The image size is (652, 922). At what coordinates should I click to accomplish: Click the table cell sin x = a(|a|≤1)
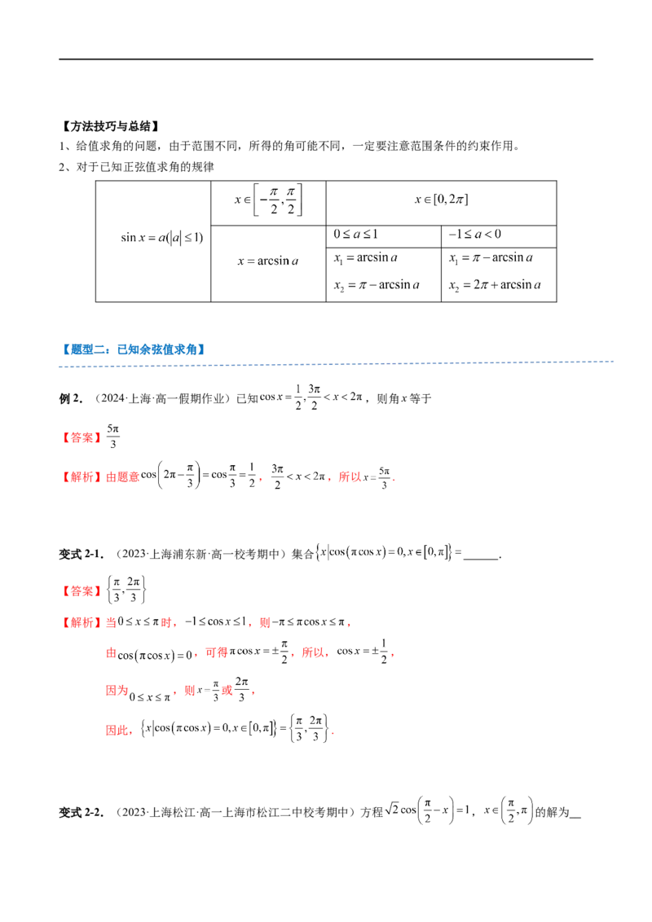point(153,242)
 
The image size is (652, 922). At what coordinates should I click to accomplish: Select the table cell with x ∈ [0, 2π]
point(442,203)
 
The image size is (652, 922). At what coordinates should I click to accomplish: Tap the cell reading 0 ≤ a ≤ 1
point(384,236)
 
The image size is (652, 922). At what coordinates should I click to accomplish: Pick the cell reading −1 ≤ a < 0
point(499,236)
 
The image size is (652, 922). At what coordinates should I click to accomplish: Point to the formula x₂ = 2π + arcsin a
point(495,286)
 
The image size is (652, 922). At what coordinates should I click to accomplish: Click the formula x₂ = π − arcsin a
point(377,286)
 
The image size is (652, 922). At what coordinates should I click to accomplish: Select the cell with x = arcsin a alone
point(268,263)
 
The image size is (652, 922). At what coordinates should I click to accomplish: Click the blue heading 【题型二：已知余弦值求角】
point(134,349)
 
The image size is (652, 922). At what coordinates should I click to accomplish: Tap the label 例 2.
point(71,398)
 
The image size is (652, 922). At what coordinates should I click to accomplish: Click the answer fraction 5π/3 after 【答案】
point(113,437)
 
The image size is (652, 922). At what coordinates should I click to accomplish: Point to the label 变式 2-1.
point(81,554)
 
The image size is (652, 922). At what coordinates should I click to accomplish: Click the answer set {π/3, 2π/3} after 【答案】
point(126,590)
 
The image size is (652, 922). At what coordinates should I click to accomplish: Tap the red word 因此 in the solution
point(117,731)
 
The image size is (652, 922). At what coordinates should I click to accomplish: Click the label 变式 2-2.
point(81,813)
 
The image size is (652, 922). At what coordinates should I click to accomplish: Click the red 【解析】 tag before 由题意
point(81,476)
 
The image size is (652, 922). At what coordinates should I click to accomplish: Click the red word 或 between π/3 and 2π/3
point(227,691)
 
